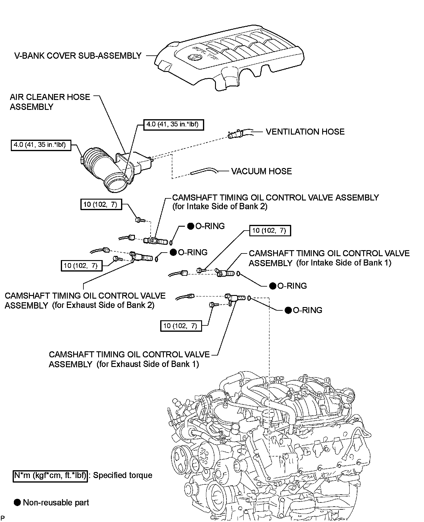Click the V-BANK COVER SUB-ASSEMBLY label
click(78, 56)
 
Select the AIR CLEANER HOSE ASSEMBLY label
click(50, 102)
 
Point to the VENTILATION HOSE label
click(305, 132)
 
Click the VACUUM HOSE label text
click(261, 171)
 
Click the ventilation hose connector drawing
click(235, 134)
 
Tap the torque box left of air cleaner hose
click(41, 145)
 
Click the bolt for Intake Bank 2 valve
click(139, 220)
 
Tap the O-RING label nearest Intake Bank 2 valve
click(210, 226)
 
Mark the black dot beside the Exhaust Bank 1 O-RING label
click(288, 310)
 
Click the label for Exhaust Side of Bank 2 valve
click(85, 300)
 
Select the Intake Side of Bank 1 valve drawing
click(226, 274)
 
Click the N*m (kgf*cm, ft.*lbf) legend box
click(50, 475)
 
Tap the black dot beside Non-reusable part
click(18, 502)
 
